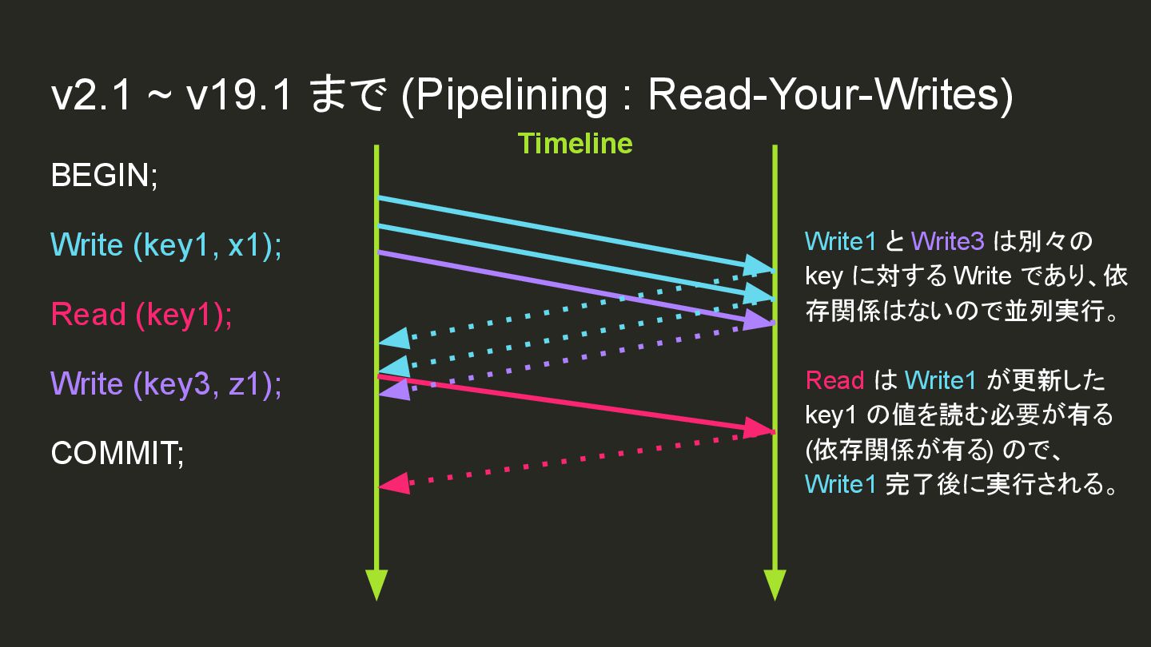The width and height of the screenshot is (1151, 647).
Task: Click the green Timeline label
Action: [575, 144]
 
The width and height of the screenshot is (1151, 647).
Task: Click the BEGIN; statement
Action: [105, 175]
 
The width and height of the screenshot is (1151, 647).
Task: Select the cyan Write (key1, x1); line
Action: [166, 245]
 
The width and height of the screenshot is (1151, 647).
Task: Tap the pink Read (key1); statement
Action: [141, 315]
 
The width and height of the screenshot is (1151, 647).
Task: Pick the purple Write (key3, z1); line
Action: [166, 384]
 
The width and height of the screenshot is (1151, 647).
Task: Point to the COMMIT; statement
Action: [117, 454]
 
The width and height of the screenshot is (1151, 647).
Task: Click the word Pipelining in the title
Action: [512, 96]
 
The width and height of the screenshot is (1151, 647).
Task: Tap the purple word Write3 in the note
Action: [947, 240]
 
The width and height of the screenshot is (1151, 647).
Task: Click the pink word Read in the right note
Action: [834, 380]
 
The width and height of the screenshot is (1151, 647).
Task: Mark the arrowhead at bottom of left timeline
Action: [376, 585]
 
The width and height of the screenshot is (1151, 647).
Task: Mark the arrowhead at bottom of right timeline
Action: [775, 585]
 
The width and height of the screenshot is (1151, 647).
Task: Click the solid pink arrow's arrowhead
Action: [760, 429]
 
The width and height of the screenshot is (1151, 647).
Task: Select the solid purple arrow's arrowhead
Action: [760, 320]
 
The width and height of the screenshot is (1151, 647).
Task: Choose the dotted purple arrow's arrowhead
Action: [392, 389]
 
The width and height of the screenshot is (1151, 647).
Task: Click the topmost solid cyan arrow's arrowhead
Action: [760, 266]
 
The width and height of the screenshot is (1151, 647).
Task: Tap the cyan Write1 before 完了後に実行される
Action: [840, 484]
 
